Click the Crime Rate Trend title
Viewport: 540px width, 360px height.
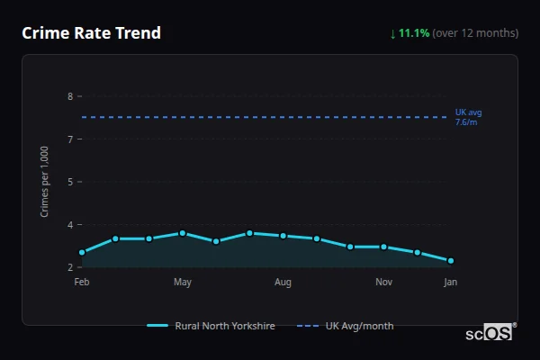[91, 33]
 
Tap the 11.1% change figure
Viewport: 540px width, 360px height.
[414, 33]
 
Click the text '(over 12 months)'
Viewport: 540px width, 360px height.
[475, 33]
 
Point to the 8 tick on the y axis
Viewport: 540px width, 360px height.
[69, 96]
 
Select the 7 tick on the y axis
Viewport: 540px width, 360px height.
[69, 139]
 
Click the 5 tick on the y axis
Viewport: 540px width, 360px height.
[69, 182]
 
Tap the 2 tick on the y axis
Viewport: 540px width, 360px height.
[69, 267]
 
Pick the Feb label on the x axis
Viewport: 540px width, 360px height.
[82, 283]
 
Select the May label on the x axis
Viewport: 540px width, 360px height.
[183, 283]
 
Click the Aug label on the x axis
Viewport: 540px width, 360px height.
[283, 283]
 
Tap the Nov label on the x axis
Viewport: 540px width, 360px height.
[383, 283]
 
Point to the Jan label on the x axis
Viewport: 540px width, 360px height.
[451, 283]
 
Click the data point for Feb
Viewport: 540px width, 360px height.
[82, 253]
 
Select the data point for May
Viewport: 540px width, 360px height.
[183, 233]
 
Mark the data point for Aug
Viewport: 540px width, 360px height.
[283, 236]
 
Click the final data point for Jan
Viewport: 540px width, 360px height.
[451, 261]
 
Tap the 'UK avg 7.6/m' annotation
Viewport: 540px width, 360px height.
[468, 117]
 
